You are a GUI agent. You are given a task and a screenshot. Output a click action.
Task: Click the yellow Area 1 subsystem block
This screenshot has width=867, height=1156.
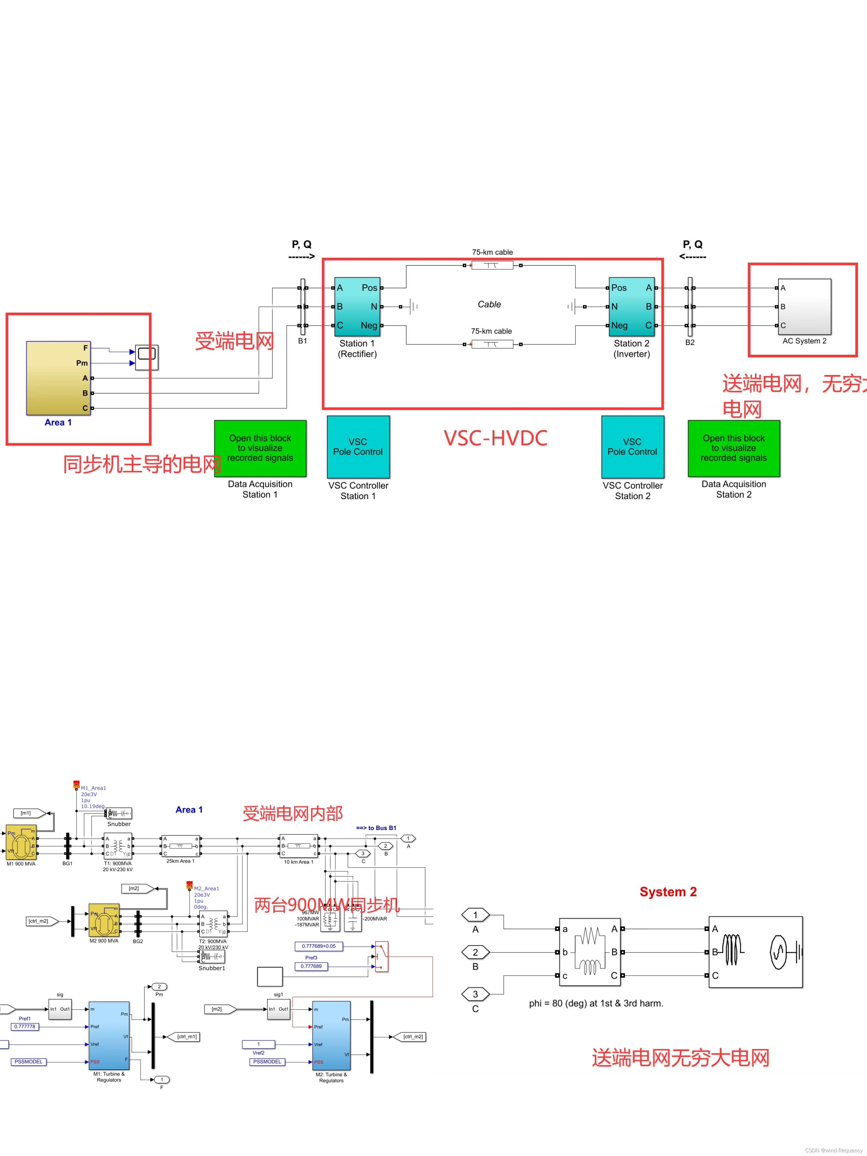point(58,378)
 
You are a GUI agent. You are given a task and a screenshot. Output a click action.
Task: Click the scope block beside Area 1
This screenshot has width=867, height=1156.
point(147,358)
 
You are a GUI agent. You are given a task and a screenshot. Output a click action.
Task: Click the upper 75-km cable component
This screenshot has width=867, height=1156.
point(492,266)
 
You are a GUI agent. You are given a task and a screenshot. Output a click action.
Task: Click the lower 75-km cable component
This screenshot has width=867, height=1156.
point(492,344)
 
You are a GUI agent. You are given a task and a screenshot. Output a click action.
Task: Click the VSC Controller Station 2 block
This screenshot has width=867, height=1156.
point(632,447)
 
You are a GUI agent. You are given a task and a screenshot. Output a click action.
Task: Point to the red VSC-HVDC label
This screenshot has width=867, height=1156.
point(495,438)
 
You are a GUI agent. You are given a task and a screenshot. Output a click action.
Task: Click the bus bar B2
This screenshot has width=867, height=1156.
point(690,307)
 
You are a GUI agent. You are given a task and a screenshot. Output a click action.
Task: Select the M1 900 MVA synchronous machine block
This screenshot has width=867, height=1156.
point(21,842)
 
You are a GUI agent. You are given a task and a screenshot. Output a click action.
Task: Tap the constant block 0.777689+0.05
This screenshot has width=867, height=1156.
point(319,946)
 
